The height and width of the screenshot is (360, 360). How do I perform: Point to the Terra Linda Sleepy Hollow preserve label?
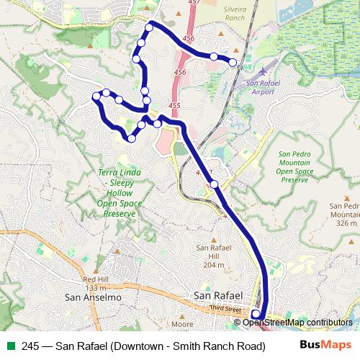120,194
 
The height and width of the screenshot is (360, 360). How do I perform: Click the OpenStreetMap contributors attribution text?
297,323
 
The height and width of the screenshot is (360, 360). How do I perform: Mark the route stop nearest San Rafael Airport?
233,63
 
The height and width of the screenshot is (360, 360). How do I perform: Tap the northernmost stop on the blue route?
150,27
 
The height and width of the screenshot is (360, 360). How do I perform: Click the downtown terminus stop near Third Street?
256,314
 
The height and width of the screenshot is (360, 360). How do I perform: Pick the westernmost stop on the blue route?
96,96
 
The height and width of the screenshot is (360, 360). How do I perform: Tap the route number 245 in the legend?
31,345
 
